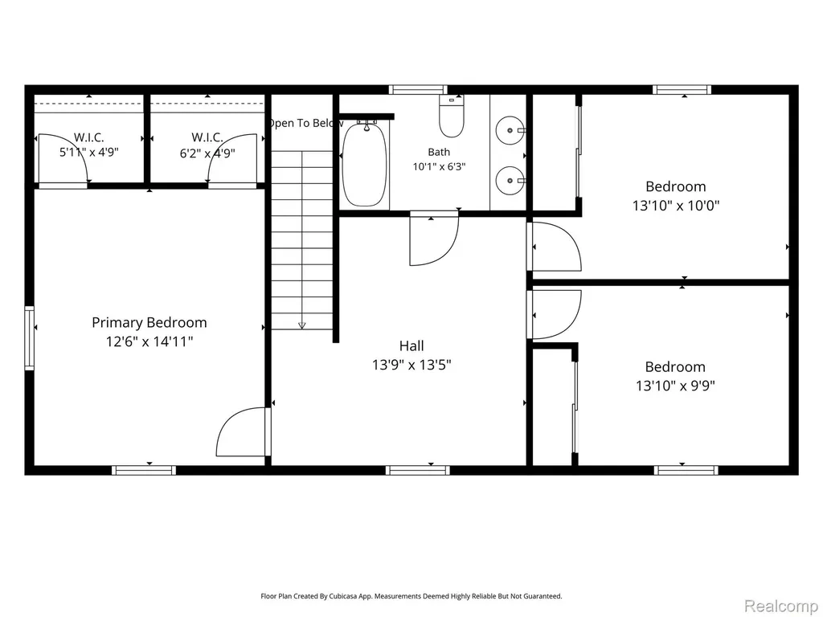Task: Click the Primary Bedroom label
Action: tap(149, 322)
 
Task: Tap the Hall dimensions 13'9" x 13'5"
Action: tap(412, 365)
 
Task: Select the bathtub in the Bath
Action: tap(364, 164)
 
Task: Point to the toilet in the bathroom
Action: tap(452, 116)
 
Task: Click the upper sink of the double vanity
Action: tap(510, 130)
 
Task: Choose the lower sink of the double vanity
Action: tap(510, 181)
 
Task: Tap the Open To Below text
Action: tap(305, 123)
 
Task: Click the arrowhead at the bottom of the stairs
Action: tap(302, 325)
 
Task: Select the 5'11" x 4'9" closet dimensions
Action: tap(88, 153)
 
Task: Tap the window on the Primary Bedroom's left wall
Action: tap(30, 338)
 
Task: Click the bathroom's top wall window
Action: tap(418, 90)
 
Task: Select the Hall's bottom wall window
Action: tap(418, 470)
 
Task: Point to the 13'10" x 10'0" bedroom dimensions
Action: tap(675, 205)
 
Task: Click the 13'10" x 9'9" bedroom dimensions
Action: tap(675, 386)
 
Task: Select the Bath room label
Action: tap(439, 152)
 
